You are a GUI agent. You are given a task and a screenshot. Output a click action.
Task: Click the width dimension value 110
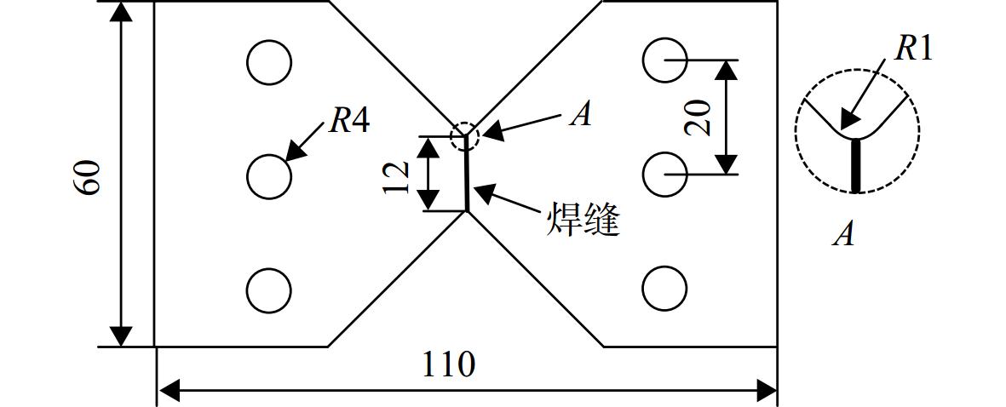pyautogui.click(x=448, y=365)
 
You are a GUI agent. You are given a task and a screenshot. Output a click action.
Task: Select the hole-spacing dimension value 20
pyautogui.click(x=698, y=118)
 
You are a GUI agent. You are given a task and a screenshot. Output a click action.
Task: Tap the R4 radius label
pyautogui.click(x=349, y=121)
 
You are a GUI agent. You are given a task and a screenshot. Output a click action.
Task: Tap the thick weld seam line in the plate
pyautogui.click(x=467, y=174)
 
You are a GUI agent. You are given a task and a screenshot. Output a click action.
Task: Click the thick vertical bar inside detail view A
pyautogui.click(x=855, y=165)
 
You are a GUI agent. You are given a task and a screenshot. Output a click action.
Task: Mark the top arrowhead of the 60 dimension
pyautogui.click(x=121, y=11)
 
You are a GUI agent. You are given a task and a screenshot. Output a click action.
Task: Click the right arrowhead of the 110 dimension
pyautogui.click(x=767, y=388)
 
